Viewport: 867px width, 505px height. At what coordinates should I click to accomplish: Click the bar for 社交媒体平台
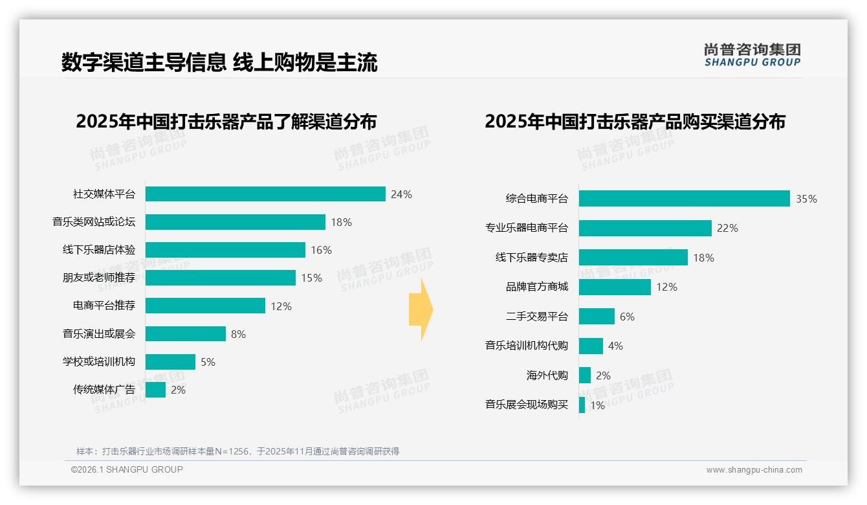coord(265,194)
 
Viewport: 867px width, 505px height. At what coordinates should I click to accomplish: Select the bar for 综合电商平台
coord(684,199)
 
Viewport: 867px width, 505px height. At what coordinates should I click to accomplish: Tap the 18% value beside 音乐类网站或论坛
coord(341,222)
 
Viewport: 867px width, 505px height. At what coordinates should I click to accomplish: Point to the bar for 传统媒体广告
coord(155,390)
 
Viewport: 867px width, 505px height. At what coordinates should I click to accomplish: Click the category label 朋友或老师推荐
coord(99,278)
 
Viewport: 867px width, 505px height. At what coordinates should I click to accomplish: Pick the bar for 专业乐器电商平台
coord(645,228)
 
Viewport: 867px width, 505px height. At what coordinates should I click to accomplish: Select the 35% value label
coord(806,199)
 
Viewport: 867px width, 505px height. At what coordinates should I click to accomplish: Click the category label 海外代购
coord(547,376)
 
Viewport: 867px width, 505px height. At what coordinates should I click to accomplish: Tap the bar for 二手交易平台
coord(597,317)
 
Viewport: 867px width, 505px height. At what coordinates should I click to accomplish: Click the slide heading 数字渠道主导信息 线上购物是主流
coord(219,62)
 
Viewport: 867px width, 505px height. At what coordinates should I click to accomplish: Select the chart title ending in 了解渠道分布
coord(226,122)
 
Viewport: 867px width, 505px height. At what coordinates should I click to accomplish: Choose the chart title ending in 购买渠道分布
coord(635,122)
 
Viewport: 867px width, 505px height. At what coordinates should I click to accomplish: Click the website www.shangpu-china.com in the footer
coord(754,470)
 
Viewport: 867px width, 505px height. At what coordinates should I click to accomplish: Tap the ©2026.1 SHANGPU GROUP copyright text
coord(127,469)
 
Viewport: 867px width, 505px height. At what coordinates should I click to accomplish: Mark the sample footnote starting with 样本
coord(237,451)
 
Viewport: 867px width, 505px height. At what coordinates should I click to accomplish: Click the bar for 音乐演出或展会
coord(185,334)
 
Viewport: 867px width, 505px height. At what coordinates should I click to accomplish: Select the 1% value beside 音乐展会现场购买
coord(597,406)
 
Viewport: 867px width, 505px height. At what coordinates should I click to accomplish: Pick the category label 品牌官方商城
coord(536,287)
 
